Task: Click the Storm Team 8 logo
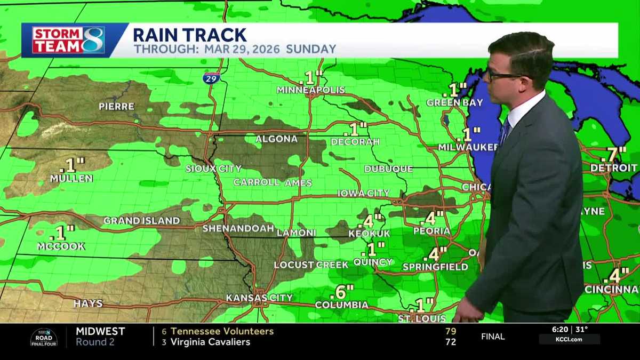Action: tap(68, 40)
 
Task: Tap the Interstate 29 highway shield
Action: tap(212, 78)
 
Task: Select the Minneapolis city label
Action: tap(311, 90)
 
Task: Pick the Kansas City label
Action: tap(259, 298)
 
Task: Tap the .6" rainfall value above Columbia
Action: tap(342, 292)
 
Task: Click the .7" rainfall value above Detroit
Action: tap(613, 155)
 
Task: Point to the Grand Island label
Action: tap(142, 220)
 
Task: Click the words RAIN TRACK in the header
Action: tap(189, 35)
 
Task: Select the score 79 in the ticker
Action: tap(451, 331)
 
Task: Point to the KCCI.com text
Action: tap(569, 339)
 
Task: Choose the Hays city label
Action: tap(88, 303)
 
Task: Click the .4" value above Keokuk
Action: tap(372, 220)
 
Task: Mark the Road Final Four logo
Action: tap(44, 337)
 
